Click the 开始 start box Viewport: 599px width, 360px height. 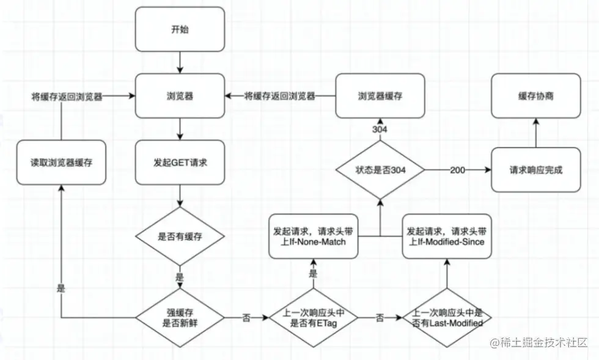tap(180, 29)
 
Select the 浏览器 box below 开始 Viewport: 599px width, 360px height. tap(180, 96)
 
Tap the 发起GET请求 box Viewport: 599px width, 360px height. tap(180, 163)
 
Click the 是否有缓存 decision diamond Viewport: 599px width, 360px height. tap(180, 237)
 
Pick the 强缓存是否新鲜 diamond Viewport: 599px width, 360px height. tap(180, 318)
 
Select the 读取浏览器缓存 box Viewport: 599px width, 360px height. tap(61, 163)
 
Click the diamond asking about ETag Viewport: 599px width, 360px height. tap(313, 318)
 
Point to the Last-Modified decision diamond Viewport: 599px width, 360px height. tap(447, 318)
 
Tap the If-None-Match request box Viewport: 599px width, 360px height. tap(313, 237)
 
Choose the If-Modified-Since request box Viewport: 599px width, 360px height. tap(447, 237)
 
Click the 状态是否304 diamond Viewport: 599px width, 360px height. tap(380, 170)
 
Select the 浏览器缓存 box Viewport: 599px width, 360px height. tap(380, 96)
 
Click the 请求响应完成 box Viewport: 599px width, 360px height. tap(536, 170)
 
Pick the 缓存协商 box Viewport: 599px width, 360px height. tap(536, 96)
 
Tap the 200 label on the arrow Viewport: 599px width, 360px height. tap(457, 170)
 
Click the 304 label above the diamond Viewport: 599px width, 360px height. tap(380, 130)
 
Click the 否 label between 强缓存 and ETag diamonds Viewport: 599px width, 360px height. tap(246, 318)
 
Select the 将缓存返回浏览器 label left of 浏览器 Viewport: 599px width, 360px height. tap(67, 97)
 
